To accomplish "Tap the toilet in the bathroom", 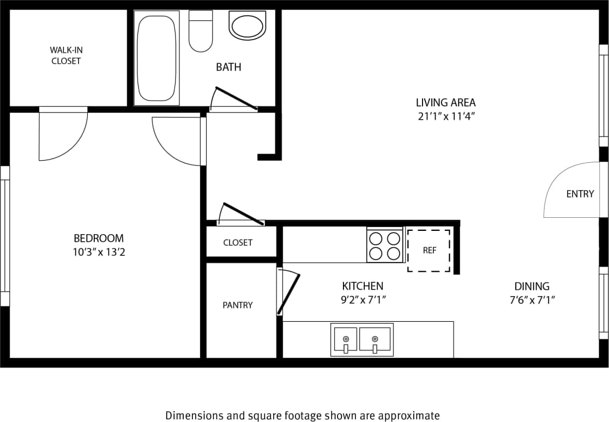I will pyautogui.click(x=200, y=32).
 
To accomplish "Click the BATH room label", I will pyautogui.click(x=228, y=68).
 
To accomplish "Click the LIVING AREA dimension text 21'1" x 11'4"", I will pyautogui.click(x=445, y=116).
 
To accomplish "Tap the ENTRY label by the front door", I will pyautogui.click(x=580, y=194).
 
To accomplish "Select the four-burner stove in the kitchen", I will pyautogui.click(x=385, y=246).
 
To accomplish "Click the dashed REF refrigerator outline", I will pyautogui.click(x=429, y=250).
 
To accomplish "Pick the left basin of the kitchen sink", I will pyautogui.click(x=345, y=339).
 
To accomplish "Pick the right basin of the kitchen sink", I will pyautogui.click(x=375, y=339).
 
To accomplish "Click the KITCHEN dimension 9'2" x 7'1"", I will pyautogui.click(x=363, y=299).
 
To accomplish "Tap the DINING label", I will pyautogui.click(x=532, y=286).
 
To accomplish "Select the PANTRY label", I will pyautogui.click(x=238, y=305).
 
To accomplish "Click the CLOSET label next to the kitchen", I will pyautogui.click(x=238, y=243).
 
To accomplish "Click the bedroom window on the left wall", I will pyautogui.click(x=5, y=236).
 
